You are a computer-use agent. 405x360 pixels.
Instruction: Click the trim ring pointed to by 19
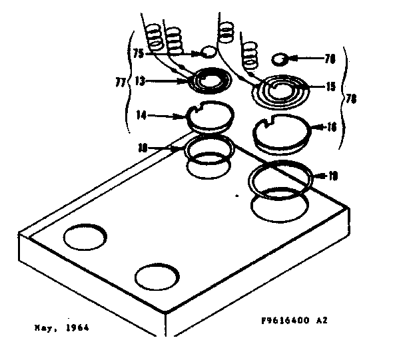[280, 180]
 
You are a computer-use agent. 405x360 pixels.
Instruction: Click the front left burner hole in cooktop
[85, 236]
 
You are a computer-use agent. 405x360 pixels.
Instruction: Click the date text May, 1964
[61, 328]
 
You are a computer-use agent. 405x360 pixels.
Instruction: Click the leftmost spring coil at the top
[155, 37]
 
